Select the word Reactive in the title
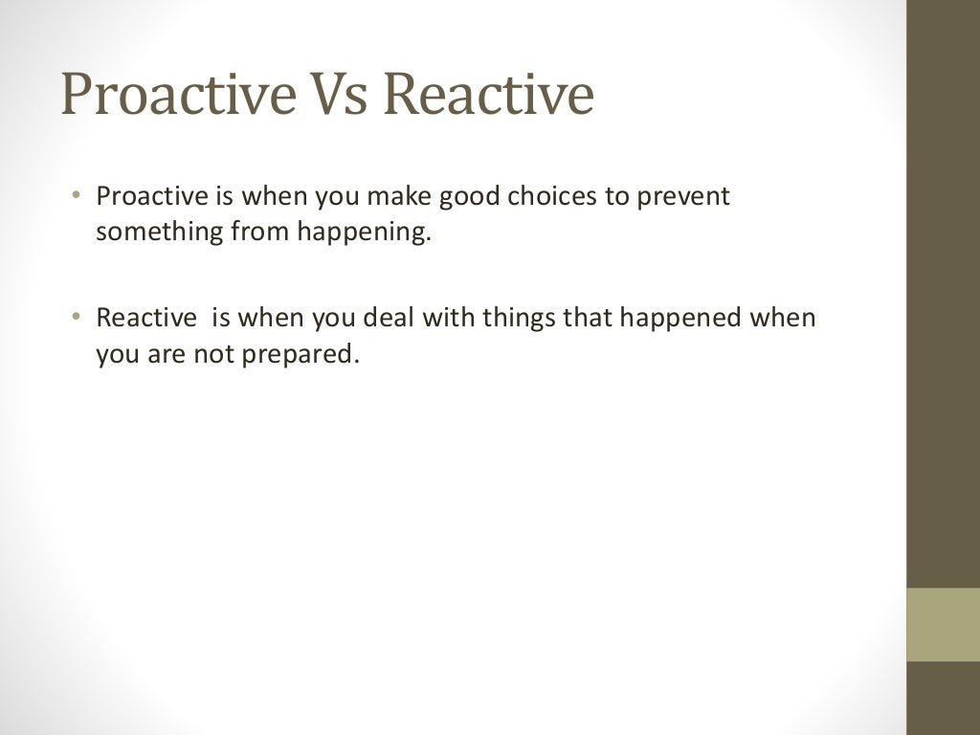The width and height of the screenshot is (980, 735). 494,96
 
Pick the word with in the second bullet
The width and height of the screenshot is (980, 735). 451,318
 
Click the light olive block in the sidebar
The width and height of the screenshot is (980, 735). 943,624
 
